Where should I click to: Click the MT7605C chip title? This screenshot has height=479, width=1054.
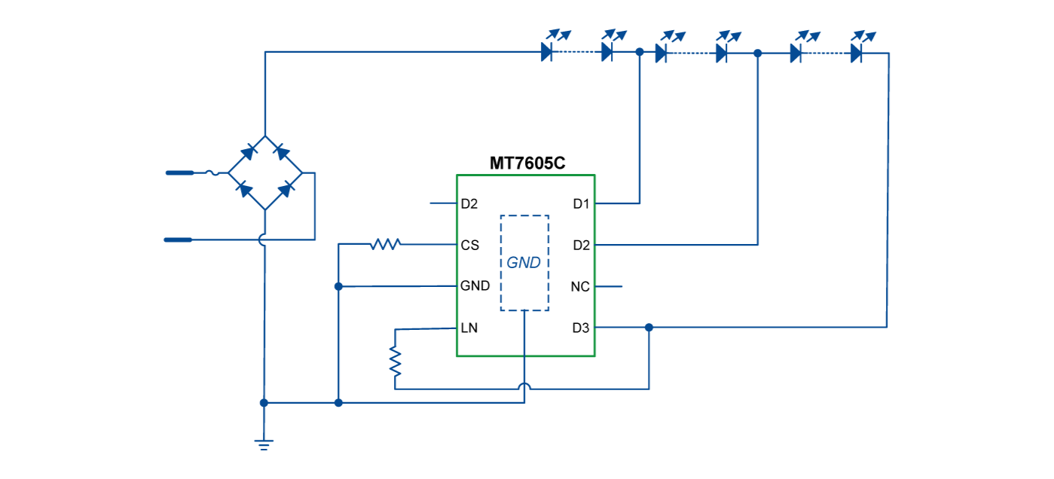(527, 163)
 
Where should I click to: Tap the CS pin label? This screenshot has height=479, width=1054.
(469, 246)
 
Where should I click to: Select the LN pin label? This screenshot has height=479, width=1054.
(469, 328)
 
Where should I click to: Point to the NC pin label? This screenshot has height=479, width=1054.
(580, 287)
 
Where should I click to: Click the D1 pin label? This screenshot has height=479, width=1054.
(581, 204)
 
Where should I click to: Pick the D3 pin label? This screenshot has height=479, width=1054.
(581, 328)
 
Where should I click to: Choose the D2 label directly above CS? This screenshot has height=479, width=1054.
(469, 204)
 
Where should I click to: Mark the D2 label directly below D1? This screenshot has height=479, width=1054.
(581, 246)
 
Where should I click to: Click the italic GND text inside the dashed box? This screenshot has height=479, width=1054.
(524, 263)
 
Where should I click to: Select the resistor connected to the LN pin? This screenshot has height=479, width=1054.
(395, 361)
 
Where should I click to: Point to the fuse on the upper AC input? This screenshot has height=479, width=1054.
(213, 173)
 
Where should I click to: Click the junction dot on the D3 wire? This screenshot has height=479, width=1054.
(649, 327)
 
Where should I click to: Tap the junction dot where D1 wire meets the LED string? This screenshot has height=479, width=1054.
(640, 53)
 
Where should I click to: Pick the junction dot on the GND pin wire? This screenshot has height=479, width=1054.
(339, 286)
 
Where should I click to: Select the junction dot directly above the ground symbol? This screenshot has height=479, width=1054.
(264, 403)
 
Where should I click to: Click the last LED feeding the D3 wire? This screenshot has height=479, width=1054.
(857, 53)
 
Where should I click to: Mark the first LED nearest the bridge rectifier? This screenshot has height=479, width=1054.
(548, 53)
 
